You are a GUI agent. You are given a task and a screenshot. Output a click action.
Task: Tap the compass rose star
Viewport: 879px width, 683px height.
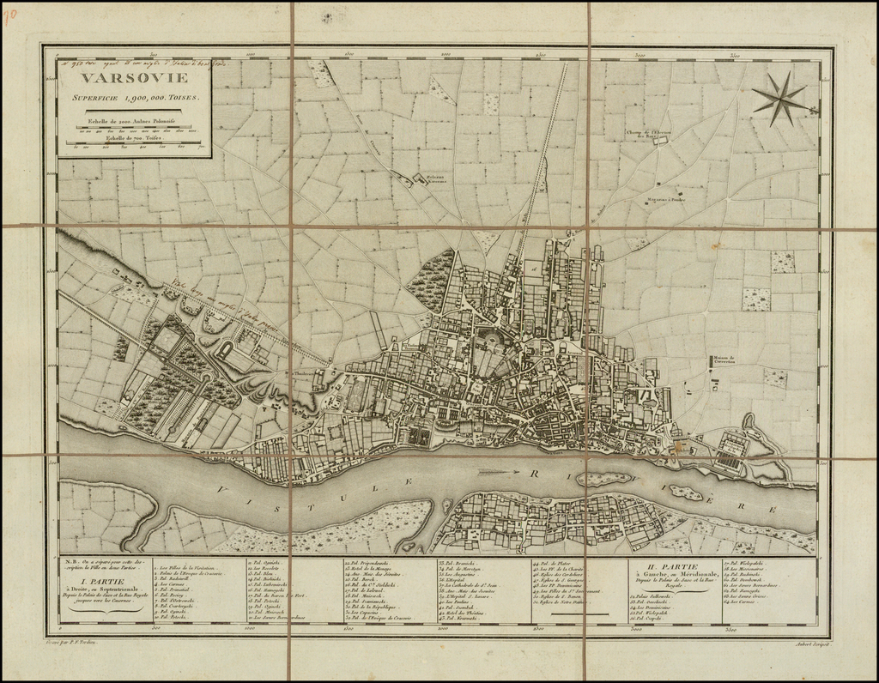pyautogui.click(x=780, y=99)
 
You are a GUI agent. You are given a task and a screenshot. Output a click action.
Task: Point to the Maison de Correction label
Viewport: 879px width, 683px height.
pyautogui.click(x=725, y=360)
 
